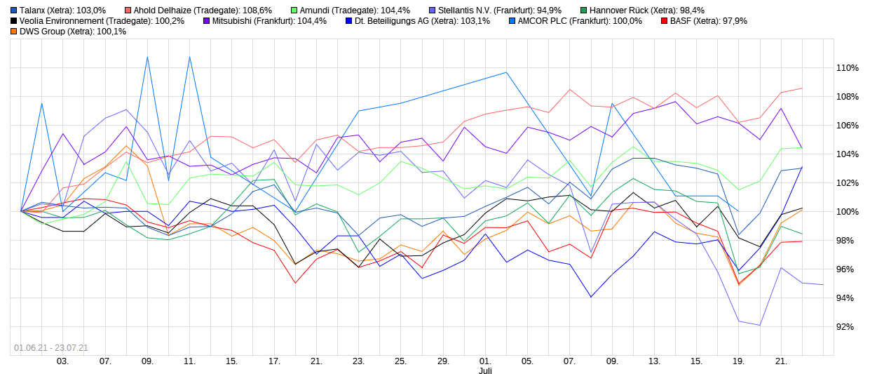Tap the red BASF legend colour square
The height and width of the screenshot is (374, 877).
(664, 21)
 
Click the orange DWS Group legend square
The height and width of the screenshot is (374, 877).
(14, 32)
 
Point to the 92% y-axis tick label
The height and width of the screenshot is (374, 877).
(847, 327)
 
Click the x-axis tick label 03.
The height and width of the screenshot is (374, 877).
(62, 361)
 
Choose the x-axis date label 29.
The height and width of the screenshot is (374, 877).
(443, 361)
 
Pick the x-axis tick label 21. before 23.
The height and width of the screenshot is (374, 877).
(316, 361)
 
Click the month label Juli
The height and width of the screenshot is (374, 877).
(485, 370)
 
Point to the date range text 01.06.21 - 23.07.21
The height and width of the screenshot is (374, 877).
(51, 347)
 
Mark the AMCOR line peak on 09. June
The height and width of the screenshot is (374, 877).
(147, 58)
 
